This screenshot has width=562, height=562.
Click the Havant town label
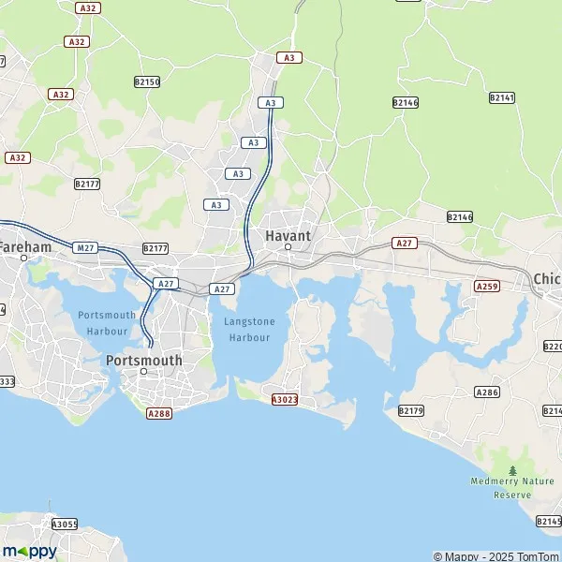(x=288, y=236)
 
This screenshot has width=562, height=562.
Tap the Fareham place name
(x=25, y=246)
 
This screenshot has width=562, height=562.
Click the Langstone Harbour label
(x=249, y=329)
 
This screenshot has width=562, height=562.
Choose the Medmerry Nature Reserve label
(x=512, y=487)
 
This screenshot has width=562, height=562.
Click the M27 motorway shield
(x=86, y=247)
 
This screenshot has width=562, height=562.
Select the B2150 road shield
(x=147, y=82)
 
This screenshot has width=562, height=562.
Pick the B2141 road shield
(x=502, y=97)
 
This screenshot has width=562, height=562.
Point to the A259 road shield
(x=486, y=286)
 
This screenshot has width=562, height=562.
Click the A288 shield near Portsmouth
(x=159, y=411)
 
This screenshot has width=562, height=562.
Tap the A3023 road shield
(x=284, y=399)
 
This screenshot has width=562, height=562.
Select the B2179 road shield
(x=410, y=410)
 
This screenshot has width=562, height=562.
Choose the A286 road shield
(x=486, y=392)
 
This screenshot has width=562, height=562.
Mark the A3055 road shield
(x=65, y=525)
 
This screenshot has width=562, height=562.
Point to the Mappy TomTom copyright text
(x=495, y=556)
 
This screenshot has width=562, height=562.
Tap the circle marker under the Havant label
(x=288, y=247)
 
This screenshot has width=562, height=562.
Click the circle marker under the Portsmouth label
(x=143, y=372)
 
